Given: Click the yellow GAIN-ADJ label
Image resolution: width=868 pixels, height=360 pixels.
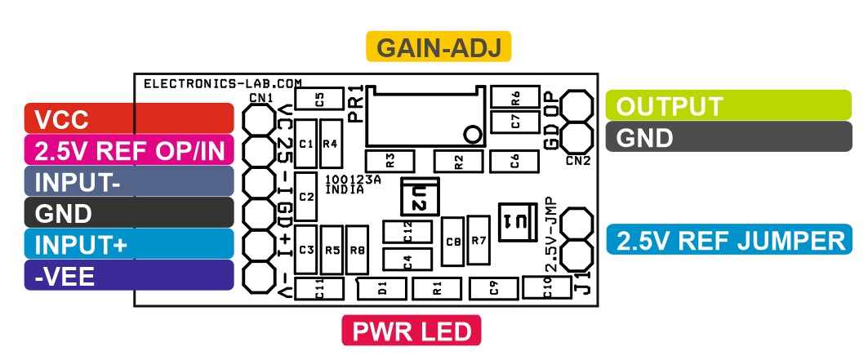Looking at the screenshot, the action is [x=438, y=47].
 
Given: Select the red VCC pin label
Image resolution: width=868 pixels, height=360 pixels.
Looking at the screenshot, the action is [x=129, y=118].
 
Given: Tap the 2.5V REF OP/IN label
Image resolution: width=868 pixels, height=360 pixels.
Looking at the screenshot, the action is [x=129, y=150].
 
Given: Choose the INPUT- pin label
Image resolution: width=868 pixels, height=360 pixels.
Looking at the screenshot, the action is [x=129, y=181].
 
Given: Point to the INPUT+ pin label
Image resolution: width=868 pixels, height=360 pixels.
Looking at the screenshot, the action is [x=129, y=244].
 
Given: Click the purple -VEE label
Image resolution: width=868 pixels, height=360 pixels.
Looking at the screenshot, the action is [x=129, y=275].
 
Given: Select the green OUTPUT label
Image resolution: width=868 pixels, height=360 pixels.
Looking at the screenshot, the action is [x=728, y=105].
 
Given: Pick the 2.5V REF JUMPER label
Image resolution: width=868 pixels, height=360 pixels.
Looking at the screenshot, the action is [x=729, y=239].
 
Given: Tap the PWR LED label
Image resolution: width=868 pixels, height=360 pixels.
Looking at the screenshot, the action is [x=412, y=331].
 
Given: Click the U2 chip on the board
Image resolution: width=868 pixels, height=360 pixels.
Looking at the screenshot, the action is [x=420, y=196].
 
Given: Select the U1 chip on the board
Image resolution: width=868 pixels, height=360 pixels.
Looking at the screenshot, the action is [x=518, y=222].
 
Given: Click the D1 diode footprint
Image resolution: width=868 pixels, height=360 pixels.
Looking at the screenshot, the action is [x=382, y=288].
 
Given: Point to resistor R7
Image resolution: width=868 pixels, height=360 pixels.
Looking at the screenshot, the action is [x=479, y=240].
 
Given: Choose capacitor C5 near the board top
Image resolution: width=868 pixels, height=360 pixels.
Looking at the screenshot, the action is [x=318, y=99].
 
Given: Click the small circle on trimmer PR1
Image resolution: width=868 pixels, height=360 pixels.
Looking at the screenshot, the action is [x=473, y=133].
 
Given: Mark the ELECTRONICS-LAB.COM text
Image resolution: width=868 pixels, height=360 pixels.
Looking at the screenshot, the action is [x=223, y=83].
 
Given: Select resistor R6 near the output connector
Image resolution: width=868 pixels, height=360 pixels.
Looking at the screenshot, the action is [x=514, y=97].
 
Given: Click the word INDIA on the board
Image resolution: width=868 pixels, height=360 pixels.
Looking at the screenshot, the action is [x=345, y=189].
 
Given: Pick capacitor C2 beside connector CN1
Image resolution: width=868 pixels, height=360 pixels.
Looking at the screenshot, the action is [x=306, y=197].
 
